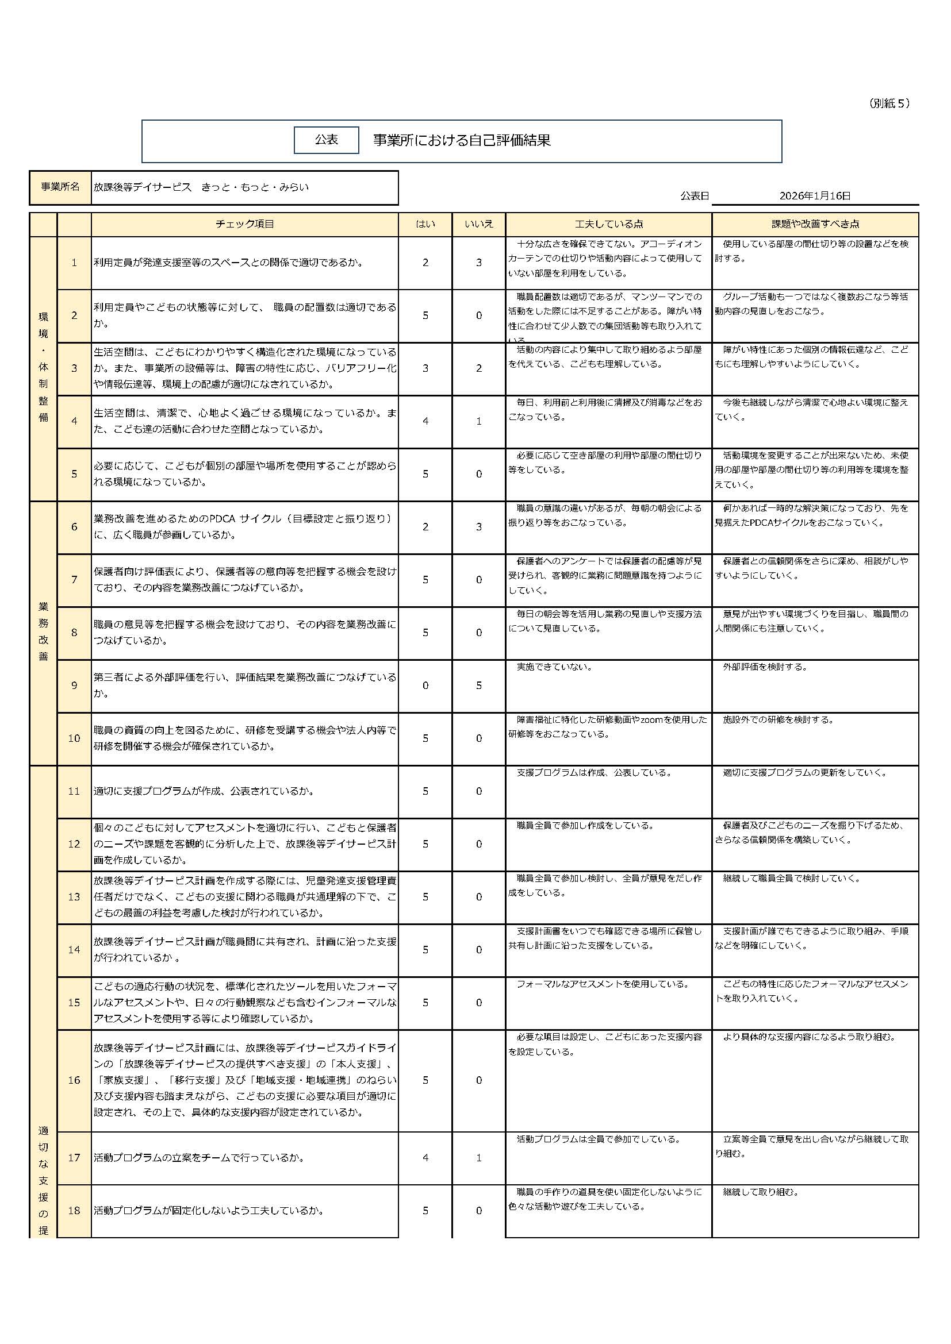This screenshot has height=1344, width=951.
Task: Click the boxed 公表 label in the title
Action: tap(326, 140)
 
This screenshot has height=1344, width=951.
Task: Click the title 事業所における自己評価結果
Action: tap(462, 140)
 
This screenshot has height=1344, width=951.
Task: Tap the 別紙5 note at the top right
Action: tap(889, 103)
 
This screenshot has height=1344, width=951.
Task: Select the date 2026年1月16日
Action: tap(815, 196)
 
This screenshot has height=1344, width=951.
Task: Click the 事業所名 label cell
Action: tap(60, 187)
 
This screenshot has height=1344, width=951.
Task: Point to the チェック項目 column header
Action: tap(245, 224)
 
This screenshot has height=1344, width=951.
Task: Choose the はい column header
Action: tap(425, 224)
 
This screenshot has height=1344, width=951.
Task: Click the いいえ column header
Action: tap(478, 224)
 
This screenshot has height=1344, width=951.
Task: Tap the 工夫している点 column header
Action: tap(608, 224)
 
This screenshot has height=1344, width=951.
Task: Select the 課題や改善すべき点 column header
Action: tap(815, 224)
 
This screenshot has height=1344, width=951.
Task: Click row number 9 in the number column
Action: tap(74, 686)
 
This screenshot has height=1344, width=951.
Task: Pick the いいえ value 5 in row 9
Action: tap(478, 686)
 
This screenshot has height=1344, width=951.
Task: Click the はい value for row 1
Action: tap(425, 263)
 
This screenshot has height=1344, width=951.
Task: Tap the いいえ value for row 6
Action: tap(478, 527)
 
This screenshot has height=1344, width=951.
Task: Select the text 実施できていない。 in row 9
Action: tap(554, 667)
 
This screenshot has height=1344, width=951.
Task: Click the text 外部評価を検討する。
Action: tap(765, 667)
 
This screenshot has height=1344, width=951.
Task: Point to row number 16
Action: tap(74, 1080)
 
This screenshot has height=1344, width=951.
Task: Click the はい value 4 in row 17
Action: tap(425, 1157)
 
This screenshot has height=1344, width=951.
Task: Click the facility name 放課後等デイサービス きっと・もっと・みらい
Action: tap(201, 187)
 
